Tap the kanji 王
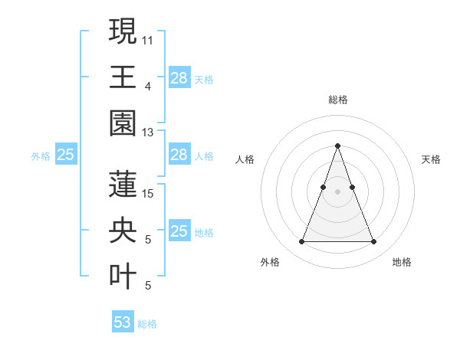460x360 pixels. coord(123,77)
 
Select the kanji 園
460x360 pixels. coord(123,123)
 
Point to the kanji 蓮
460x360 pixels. coord(123,185)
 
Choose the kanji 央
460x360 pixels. coord(123,230)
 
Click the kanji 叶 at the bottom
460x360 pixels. coord(123,276)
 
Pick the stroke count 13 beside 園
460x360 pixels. coord(148,133)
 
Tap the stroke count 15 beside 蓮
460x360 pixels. coord(148,193)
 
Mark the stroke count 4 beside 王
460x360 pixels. coord(147,87)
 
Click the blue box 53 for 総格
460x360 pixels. coord(123,322)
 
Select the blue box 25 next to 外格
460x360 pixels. coord(65,155)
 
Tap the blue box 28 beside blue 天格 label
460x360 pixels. coord(179,78)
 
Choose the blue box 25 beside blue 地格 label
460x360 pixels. coord(179,231)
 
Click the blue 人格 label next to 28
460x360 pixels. coord(204,155)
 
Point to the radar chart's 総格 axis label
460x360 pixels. coord(337,100)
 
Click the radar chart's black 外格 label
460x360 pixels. coord(270,262)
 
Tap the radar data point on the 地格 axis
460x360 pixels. coord(373,242)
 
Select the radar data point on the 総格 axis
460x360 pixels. coord(337,146)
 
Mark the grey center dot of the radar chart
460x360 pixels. coord(337,192)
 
